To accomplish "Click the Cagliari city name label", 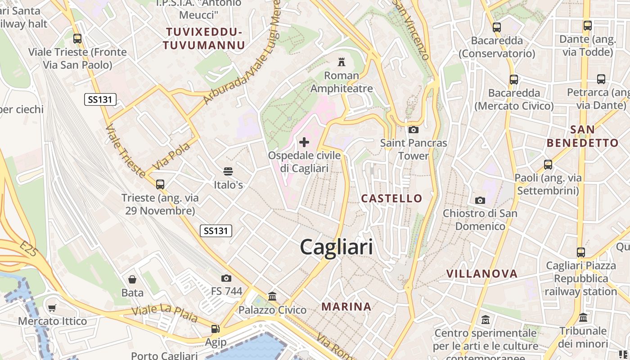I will coord(336,247).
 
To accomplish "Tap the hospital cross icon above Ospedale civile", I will coord(304,143).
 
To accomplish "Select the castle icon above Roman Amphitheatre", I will coord(342,62).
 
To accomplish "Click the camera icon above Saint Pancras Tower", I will coord(413,130).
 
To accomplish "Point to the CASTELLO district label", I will coord(392,198).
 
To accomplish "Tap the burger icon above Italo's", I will coord(228,171).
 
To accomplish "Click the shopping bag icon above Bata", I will coord(132,279).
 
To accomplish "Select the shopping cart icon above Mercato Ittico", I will coord(52,308).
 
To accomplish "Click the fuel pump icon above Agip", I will coord(216,329).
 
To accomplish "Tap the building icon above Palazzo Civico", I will coord(272,297).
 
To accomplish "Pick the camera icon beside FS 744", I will coord(226,279).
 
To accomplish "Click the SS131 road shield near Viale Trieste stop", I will coord(100,99).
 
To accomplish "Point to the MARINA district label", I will coord(346,307).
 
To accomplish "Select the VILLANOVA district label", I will coord(482,274).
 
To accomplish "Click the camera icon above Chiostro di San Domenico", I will coord(480,200).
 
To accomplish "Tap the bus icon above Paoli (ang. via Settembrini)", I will coord(548,165).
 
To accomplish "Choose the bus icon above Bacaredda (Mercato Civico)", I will coord(514,80).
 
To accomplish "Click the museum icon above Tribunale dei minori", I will coord(583,318).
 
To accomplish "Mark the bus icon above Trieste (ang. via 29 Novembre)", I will coord(160,184).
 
